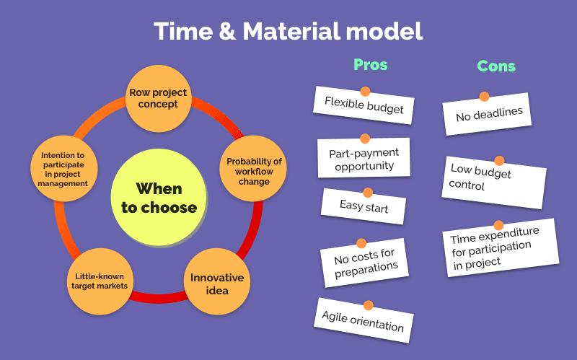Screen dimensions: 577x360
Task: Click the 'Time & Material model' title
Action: pos(288,31)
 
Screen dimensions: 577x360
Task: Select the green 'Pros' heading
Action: pos(370,65)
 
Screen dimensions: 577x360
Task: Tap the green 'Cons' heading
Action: pos(496,66)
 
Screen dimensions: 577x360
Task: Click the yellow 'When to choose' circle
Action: pos(159,197)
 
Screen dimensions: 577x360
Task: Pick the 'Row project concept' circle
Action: pos(158,98)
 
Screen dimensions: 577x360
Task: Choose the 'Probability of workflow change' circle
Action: pos(253,169)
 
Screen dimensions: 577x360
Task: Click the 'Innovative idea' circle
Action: pos(217,281)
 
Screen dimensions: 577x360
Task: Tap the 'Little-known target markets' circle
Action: pos(100,281)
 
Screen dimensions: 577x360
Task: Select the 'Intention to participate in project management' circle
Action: pos(64,169)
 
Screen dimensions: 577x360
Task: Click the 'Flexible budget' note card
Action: pos(364,105)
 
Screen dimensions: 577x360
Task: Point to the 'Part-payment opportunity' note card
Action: pos(364,158)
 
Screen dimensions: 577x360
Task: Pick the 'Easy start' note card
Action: pos(364,206)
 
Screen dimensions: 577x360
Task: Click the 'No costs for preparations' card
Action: pos(364,263)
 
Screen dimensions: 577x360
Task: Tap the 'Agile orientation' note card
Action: pos(364,320)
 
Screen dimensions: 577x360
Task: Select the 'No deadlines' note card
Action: pos(487,114)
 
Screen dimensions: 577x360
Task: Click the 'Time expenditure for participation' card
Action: pos(501,247)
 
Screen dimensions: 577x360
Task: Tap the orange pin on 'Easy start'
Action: pos(368,193)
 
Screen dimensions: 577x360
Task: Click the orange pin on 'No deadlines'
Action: pos(484,97)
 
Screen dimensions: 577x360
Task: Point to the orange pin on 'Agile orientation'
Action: pos(368,305)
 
